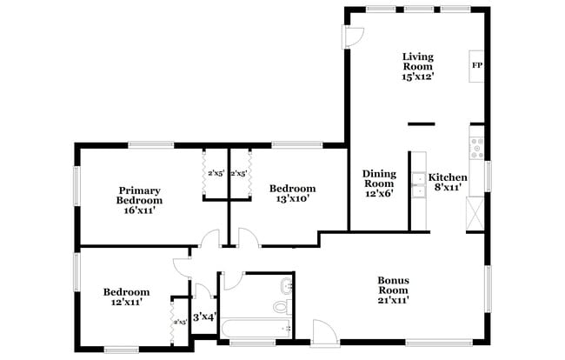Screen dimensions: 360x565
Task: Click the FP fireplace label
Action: coord(476,65)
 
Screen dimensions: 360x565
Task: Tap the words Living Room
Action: coord(417,62)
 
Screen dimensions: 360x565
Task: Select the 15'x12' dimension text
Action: coord(417,77)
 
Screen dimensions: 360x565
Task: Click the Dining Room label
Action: coord(379,178)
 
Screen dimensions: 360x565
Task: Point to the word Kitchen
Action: coord(449,177)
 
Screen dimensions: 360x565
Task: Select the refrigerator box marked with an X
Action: coord(476,212)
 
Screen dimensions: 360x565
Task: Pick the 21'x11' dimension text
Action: coord(394,300)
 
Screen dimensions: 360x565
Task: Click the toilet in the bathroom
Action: coord(281,306)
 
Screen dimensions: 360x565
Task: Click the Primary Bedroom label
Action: coord(139,195)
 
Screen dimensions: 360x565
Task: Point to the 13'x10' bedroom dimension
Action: coord(292,199)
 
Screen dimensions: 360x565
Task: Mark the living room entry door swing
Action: coord(354,36)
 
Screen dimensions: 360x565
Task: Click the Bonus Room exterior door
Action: coord(323,330)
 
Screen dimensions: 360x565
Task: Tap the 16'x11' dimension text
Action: coord(139,210)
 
